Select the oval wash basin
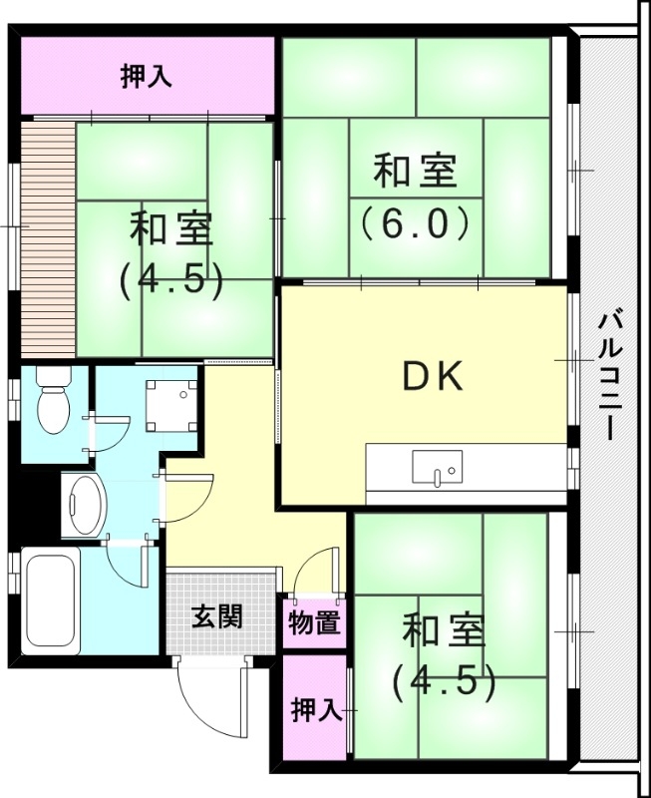[x=84, y=506]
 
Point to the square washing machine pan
[x=169, y=405]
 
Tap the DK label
[x=432, y=376]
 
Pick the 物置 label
[x=314, y=623]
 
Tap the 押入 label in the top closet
[x=147, y=76]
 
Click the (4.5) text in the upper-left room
[x=170, y=280]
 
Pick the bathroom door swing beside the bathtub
[x=129, y=565]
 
